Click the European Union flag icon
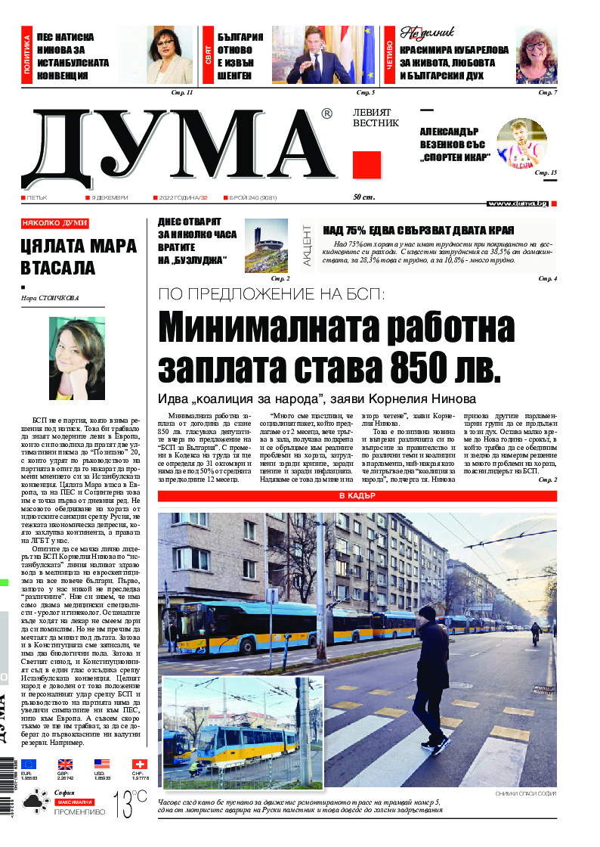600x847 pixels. [29, 765]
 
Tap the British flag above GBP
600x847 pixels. [66, 765]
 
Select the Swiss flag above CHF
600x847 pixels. [139, 765]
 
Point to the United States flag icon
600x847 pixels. [102, 765]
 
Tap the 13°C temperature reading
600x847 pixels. [129, 802]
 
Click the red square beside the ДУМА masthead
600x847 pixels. [366, 164]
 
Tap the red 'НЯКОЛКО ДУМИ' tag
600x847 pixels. [55, 223]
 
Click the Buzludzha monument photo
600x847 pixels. [266, 245]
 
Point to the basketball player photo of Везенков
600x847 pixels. [521, 144]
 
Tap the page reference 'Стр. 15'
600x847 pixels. [546, 173]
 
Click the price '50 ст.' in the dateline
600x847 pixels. [364, 197]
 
